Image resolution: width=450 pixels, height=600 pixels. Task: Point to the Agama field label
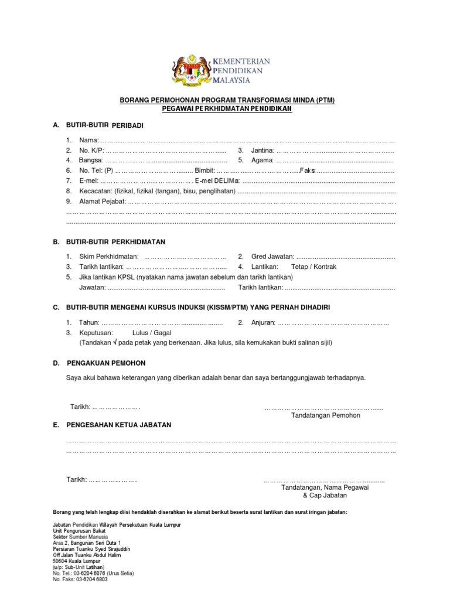coord(262,160)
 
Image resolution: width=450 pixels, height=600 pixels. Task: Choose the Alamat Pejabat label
coord(103,202)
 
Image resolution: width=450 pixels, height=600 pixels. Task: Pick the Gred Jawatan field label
coord(273,257)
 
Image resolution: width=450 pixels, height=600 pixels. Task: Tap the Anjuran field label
coord(263,322)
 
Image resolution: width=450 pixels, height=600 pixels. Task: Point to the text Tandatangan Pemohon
coord(325,415)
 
